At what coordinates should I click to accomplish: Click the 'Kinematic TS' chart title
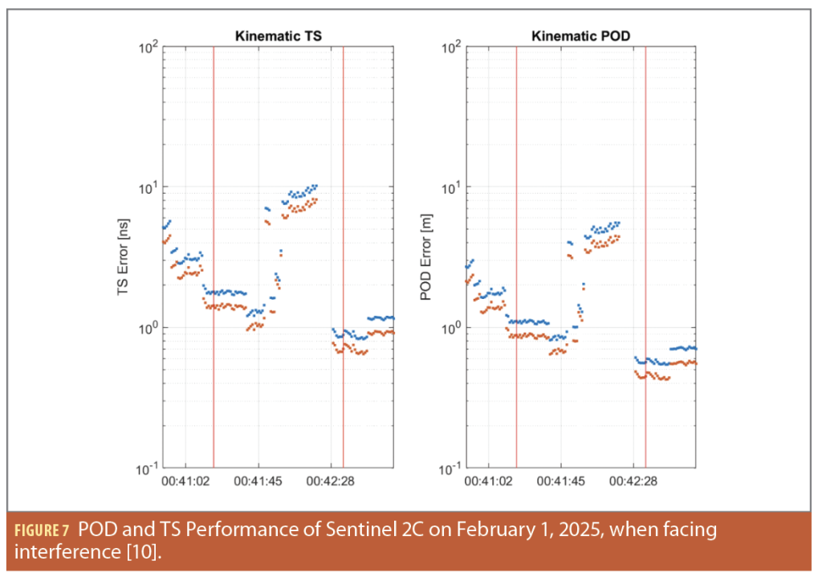(x=278, y=36)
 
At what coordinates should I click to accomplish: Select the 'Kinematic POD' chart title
(x=580, y=36)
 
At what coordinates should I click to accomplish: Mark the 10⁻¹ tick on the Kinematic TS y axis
(x=147, y=468)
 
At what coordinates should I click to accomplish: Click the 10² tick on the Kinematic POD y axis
(x=451, y=47)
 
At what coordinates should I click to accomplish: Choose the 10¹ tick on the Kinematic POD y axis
(x=451, y=187)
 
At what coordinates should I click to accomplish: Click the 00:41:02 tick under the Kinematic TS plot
(x=186, y=481)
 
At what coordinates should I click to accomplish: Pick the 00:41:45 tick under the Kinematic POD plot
(x=561, y=481)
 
